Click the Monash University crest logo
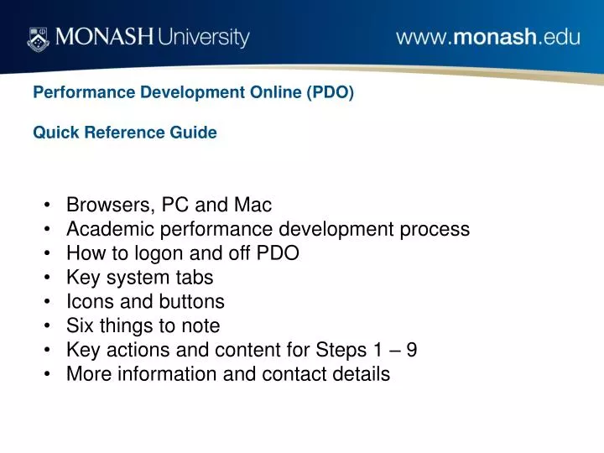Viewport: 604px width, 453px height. point(39,38)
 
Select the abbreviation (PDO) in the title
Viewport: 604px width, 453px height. point(331,92)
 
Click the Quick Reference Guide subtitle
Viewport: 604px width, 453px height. point(125,133)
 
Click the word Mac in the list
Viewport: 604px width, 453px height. point(253,205)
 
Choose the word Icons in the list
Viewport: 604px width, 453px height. point(89,301)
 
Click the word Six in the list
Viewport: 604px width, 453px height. point(81,325)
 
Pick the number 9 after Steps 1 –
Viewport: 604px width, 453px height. point(411,350)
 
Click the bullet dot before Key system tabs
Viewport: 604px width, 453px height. point(49,278)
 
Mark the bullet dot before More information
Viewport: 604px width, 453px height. point(49,374)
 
